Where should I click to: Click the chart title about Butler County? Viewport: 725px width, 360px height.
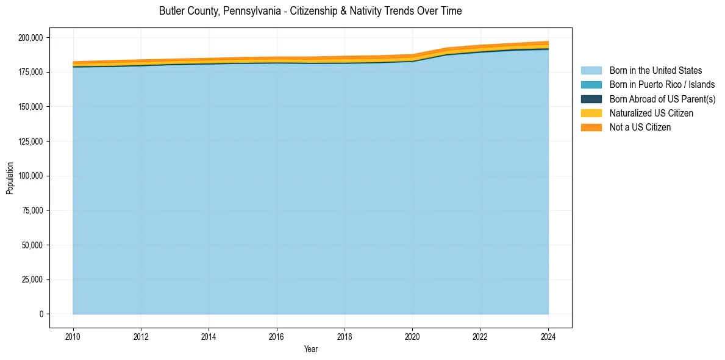click(310, 11)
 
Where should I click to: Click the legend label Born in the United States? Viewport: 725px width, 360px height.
click(655, 71)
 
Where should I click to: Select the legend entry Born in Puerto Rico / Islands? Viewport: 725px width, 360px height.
click(662, 85)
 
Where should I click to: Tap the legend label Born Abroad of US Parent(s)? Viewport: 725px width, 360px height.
click(662, 99)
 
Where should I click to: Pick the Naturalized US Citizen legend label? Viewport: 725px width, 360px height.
click(651, 113)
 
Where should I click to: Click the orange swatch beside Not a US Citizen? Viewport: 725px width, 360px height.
click(591, 128)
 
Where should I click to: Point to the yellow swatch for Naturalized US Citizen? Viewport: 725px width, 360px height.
click(591, 113)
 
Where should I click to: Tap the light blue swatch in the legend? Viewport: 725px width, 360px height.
click(591, 71)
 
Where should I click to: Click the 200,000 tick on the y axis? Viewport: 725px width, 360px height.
click(30, 38)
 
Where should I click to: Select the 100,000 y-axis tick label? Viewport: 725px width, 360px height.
click(30, 176)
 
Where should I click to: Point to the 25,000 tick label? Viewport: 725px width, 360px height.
click(32, 279)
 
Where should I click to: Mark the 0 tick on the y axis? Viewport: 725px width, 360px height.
click(41, 314)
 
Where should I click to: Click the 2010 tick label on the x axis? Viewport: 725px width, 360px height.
click(73, 336)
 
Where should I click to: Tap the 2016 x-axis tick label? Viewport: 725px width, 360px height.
click(277, 336)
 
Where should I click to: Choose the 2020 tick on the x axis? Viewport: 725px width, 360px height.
click(412, 336)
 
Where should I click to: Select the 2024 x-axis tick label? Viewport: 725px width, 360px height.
click(548, 336)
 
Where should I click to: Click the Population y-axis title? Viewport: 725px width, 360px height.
click(10, 178)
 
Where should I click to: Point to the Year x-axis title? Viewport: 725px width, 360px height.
click(310, 350)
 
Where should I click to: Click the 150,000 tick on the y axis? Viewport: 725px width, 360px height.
click(30, 107)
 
